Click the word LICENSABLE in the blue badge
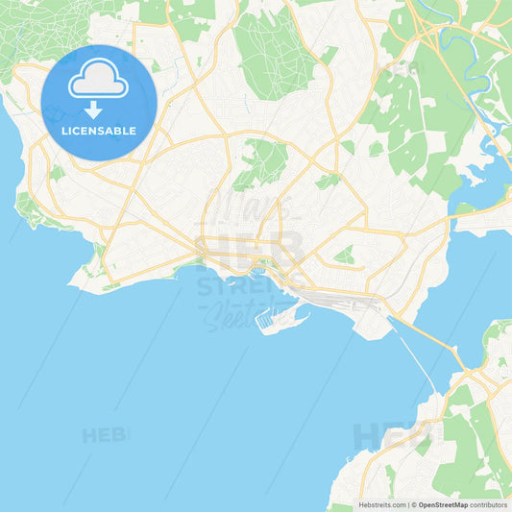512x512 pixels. pos(98,131)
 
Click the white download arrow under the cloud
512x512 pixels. pos(93,109)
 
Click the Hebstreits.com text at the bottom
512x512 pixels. pos(380,504)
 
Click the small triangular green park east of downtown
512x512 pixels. pos(344,254)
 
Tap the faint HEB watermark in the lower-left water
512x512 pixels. pos(104,435)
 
